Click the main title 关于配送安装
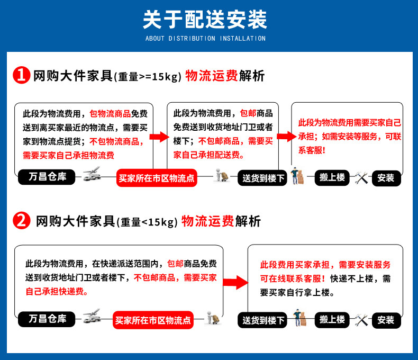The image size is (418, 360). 205,20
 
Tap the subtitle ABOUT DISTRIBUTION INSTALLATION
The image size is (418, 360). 205,39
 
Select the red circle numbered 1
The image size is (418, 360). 21,76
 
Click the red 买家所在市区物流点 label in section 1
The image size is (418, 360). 157,178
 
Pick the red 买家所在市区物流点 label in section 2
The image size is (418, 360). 154,320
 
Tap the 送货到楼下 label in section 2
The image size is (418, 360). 263,320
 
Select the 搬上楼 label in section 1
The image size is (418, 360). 332,177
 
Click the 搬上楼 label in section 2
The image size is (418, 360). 332,319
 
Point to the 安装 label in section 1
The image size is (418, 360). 386,178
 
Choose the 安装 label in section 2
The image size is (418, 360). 386,320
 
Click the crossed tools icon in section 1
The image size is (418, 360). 361,177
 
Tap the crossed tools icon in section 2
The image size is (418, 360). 361,319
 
